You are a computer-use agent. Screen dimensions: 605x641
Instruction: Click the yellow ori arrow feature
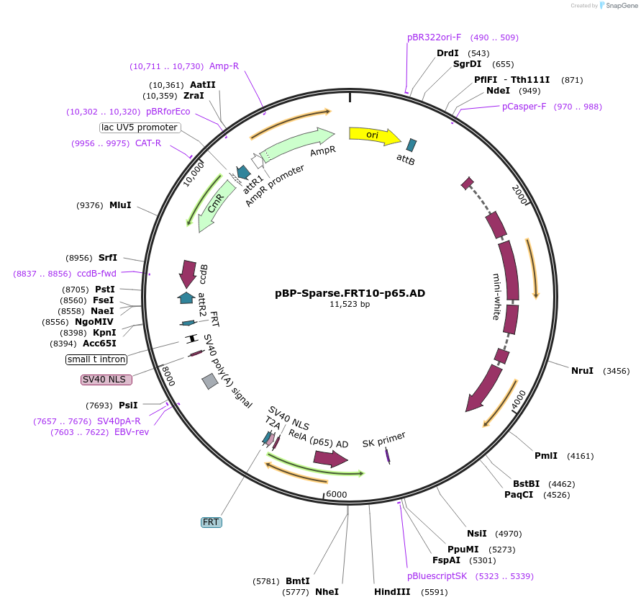pos(374,135)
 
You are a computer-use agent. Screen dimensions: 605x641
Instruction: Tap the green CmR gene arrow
pos(213,205)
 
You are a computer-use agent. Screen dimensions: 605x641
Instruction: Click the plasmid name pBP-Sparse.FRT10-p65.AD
pos(350,293)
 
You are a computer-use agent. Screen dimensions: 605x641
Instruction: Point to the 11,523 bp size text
pos(350,305)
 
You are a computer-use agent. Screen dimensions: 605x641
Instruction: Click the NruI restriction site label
pos(582,371)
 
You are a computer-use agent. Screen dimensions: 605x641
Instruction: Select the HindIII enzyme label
pos(392,592)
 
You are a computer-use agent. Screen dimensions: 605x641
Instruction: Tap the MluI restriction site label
pos(120,205)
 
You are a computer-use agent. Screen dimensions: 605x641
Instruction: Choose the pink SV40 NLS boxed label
pos(108,380)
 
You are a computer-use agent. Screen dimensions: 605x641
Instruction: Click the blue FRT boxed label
pos(211,522)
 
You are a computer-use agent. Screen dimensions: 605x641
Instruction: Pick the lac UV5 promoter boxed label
pos(140,127)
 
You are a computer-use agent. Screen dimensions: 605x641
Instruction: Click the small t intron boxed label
pos(96,359)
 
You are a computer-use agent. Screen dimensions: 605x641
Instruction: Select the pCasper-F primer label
pos(524,107)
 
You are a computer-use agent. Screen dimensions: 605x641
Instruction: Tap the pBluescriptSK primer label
pos(437,576)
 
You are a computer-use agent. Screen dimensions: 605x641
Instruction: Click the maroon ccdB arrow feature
pos(188,273)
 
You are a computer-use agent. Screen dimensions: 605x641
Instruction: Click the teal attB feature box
pos(412,145)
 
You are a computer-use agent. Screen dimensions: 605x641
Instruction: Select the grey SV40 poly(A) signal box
pos(210,382)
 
